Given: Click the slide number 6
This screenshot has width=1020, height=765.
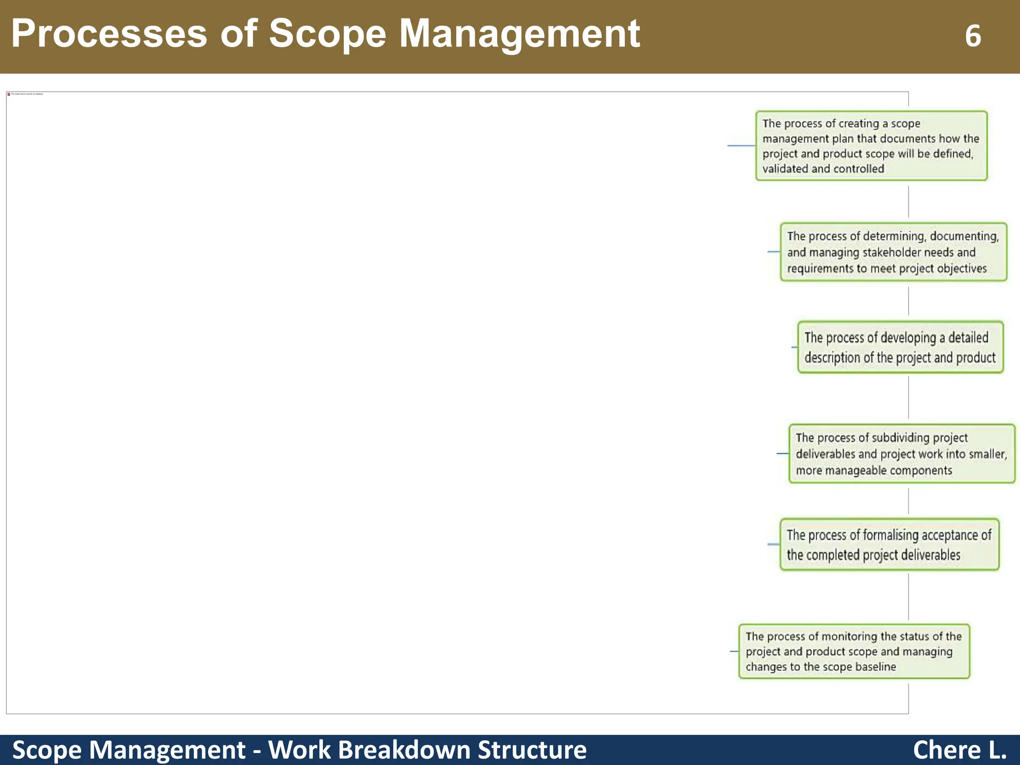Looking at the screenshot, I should pos(973,36).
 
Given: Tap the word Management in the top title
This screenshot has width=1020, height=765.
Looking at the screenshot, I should pos(519,34).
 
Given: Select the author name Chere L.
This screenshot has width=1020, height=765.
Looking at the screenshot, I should pos(959,750).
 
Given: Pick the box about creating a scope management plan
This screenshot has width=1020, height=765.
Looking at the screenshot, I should pos(871,146).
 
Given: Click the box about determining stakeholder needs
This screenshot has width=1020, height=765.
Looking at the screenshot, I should pos(893,252).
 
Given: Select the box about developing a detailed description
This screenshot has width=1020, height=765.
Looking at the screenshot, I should pos(900,347).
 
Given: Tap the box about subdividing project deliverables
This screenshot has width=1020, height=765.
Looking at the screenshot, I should pos(901,454).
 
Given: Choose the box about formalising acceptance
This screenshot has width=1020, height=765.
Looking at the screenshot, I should pos(889,544).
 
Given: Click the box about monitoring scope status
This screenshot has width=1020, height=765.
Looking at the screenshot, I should pos(854,651).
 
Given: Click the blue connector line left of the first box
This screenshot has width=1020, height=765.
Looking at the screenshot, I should pos(741,145).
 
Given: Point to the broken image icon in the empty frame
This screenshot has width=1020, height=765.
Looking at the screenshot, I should pos(9,94).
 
